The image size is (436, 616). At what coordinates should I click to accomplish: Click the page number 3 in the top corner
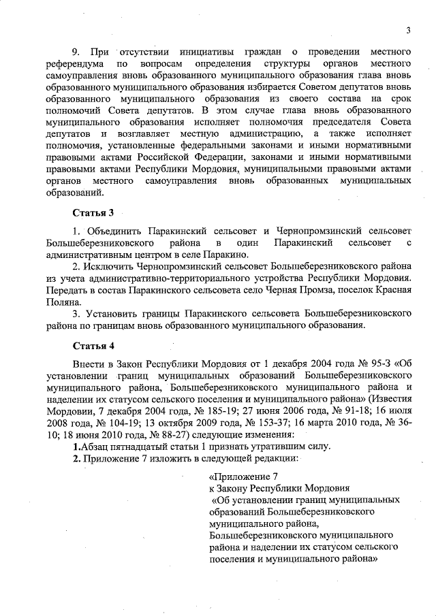tap(407, 29)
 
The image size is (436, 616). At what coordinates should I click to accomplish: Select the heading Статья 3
tap(92, 214)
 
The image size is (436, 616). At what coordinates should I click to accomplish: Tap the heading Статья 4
tap(92, 345)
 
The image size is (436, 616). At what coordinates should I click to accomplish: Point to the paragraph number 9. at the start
tap(77, 52)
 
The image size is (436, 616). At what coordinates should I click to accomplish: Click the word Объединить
tap(114, 232)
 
